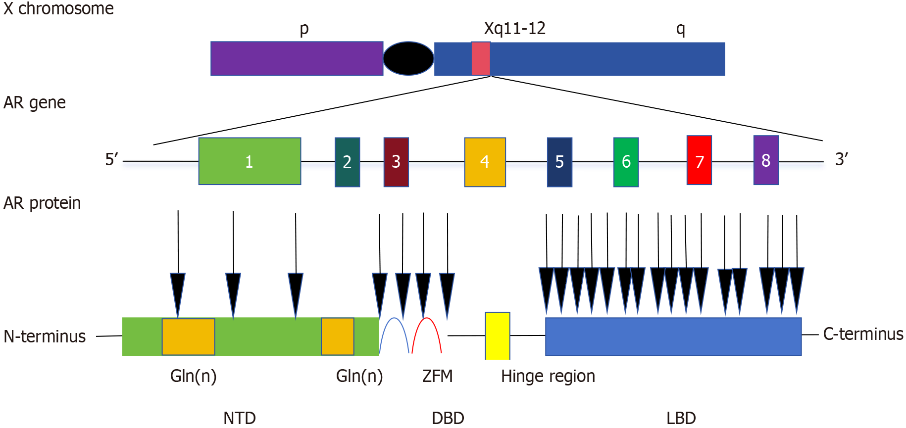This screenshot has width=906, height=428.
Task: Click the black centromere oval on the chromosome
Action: [x=408, y=58]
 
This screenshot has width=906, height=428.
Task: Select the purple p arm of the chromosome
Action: [x=297, y=58]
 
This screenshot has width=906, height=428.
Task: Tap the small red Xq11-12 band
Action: [x=480, y=58]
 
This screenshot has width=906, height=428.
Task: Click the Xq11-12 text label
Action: [x=514, y=28]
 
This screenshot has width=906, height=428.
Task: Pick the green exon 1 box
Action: [x=250, y=161]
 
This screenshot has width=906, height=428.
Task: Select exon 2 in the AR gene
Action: [x=347, y=162]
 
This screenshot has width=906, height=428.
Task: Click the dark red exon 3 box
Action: [x=396, y=162]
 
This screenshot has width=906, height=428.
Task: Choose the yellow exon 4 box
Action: [x=485, y=162]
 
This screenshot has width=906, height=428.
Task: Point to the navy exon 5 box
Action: [x=559, y=162]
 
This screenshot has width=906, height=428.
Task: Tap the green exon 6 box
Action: [x=626, y=162]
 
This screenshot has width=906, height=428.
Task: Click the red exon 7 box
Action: [x=699, y=160]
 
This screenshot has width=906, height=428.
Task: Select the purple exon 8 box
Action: [x=766, y=160]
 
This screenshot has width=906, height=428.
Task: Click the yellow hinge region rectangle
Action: [x=497, y=335]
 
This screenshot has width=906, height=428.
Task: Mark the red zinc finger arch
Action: [x=427, y=322]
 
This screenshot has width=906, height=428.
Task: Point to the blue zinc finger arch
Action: [x=394, y=322]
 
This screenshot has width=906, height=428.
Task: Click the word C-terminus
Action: [x=863, y=334]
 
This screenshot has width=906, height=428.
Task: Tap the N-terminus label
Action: [x=45, y=336]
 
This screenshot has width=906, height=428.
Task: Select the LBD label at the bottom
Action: [x=681, y=418]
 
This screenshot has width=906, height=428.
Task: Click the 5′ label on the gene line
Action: [x=111, y=159]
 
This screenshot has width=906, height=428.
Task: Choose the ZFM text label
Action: [x=437, y=376]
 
